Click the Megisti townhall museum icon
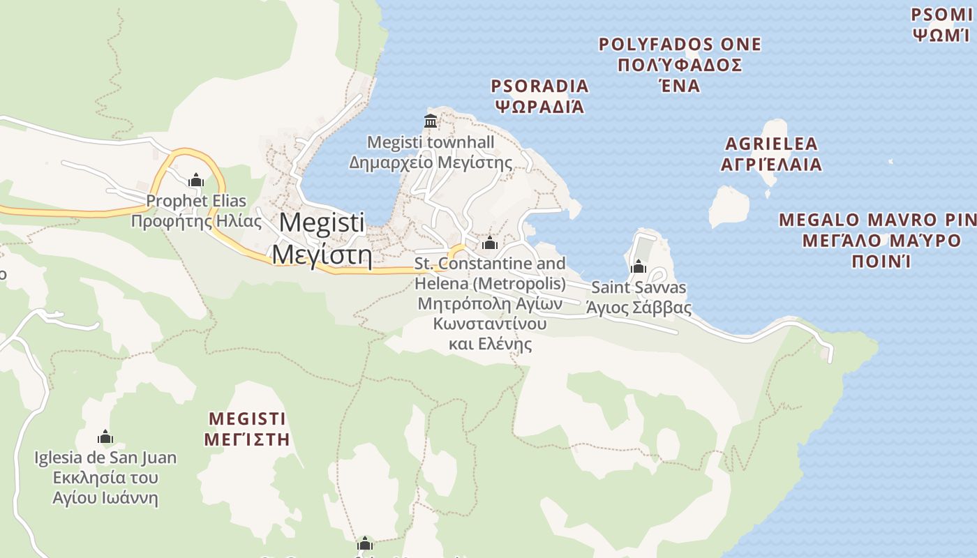point(431,121)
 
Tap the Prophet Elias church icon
point(196,181)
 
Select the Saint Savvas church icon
point(639,266)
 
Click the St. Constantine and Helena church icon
point(490,243)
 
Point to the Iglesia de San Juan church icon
point(105,437)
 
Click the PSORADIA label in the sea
point(539,86)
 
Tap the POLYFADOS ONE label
point(680,45)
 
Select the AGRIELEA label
point(771,144)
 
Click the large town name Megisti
point(322,223)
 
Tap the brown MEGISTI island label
point(247,418)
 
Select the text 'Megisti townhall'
point(431,142)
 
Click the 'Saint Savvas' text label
point(639,287)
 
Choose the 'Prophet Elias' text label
point(196,202)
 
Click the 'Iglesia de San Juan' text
point(105,458)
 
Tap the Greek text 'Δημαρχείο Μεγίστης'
point(431,163)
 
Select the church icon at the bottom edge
point(365,544)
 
